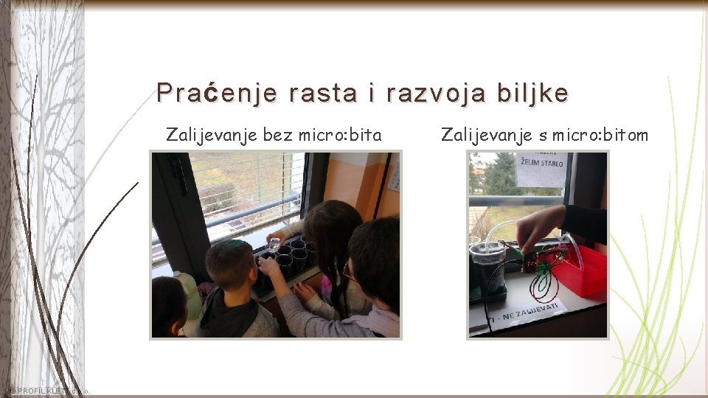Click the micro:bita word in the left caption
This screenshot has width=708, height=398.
click(340, 135)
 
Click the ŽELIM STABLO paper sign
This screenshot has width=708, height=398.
click(542, 168)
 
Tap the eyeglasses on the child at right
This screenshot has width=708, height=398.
click(348, 272)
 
